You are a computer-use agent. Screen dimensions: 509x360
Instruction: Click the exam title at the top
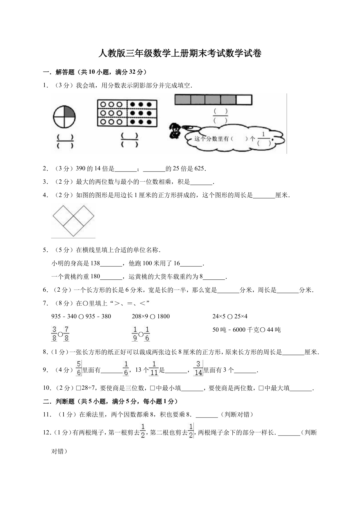coord(180,54)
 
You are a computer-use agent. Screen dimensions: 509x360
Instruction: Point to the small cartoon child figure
coord(175,130)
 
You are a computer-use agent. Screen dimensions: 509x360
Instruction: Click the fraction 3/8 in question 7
coord(54,334)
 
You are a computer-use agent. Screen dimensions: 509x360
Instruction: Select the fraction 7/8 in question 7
coord(66,334)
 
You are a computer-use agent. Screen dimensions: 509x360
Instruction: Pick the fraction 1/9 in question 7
coord(135,334)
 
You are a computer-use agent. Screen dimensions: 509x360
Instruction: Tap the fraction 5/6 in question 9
coord(79,368)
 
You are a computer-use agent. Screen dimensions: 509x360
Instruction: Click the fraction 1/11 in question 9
coord(154,368)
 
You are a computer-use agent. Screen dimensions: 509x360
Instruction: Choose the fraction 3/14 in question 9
coord(198,368)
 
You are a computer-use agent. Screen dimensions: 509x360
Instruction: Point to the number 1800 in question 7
coord(163,316)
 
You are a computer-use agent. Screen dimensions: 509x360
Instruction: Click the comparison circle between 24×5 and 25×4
coord(230,317)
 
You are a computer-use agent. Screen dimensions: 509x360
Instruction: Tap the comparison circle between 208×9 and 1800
coord(153,317)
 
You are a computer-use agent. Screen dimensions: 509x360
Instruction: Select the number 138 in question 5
coord(95,263)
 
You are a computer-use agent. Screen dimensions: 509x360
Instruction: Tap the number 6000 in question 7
coord(239,330)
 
